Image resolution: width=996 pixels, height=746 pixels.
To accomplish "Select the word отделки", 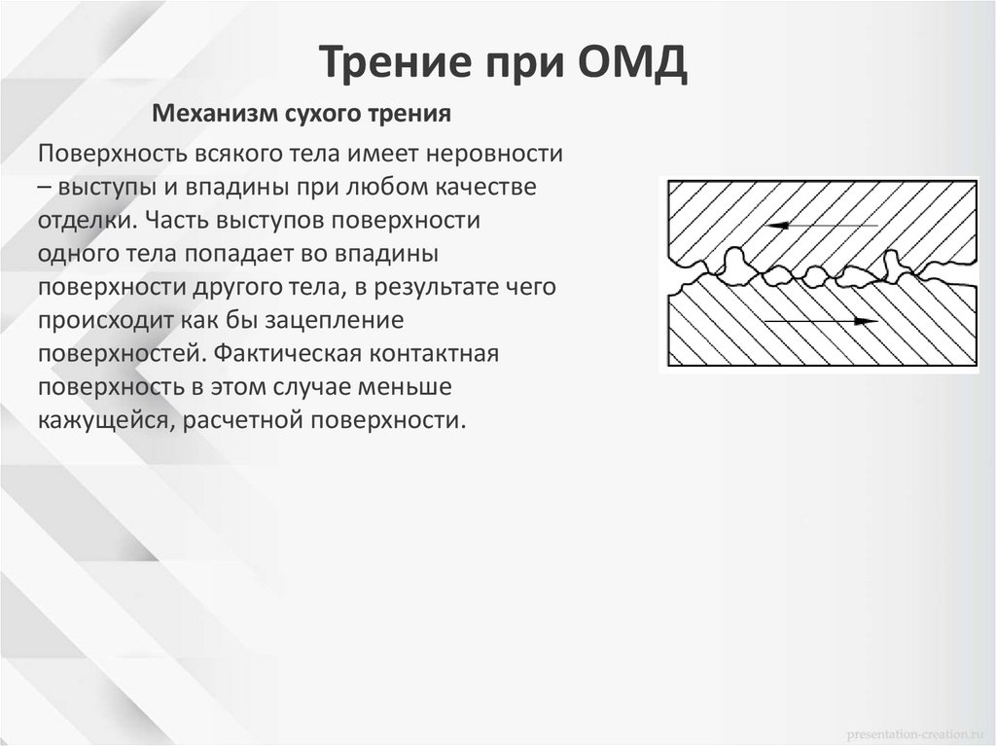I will (x=81, y=220).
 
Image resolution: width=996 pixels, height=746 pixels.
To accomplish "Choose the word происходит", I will (x=101, y=320).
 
